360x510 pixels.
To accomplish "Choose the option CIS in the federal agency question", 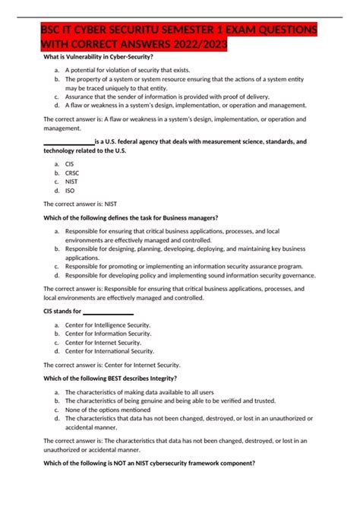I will click(x=70, y=163).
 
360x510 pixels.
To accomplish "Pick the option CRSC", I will click(x=72, y=173).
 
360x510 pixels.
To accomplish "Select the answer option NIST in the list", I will click(x=72, y=182).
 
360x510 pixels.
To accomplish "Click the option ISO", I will click(x=70, y=191).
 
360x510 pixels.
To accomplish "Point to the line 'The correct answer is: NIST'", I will click(x=84, y=204).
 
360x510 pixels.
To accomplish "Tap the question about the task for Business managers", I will click(x=131, y=217).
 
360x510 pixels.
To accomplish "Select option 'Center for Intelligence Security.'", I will click(x=108, y=325).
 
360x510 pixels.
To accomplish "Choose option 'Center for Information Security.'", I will click(x=108, y=334).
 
